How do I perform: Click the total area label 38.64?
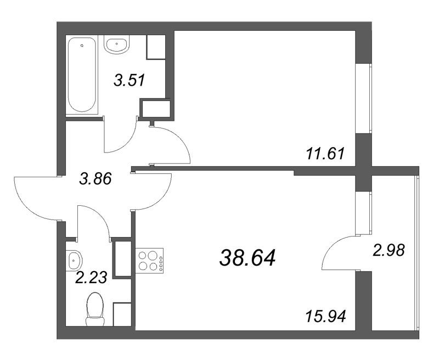[247, 258]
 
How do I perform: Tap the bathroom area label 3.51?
[129, 80]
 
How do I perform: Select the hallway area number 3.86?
[95, 178]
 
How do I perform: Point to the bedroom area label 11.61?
[325, 154]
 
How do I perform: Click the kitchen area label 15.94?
[325, 316]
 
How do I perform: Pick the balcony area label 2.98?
[389, 250]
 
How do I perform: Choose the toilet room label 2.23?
[91, 278]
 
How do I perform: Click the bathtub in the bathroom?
[82, 75]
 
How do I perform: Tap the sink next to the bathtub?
[117, 44]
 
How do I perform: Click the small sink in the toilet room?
[74, 261]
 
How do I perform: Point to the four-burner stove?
[149, 261]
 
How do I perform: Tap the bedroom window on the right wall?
[364, 98]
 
